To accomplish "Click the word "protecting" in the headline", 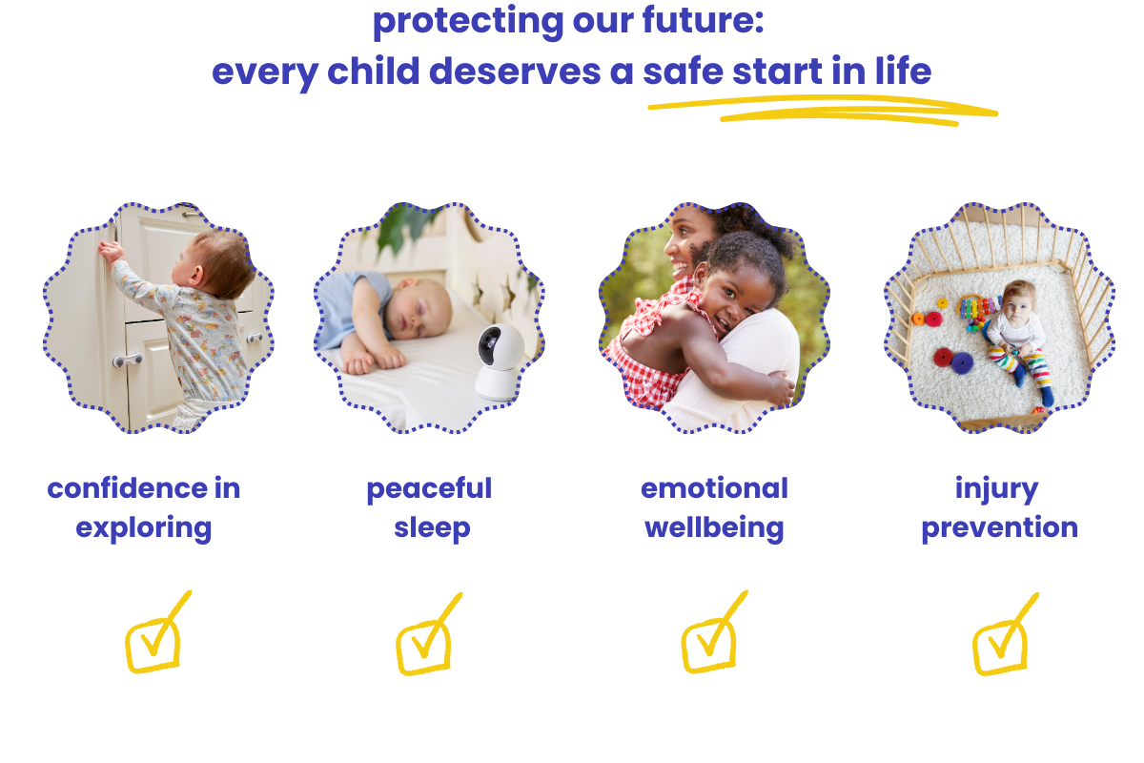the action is click(468, 22).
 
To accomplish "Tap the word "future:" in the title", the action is click(703, 19).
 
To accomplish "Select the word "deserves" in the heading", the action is click(515, 71).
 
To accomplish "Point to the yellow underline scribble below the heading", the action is click(822, 110).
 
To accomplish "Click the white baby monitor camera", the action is click(499, 361).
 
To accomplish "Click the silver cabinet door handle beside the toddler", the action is click(127, 360).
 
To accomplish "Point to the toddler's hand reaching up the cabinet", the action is click(112, 252).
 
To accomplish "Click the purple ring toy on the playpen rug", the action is click(962, 362).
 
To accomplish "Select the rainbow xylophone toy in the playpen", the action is click(977, 308).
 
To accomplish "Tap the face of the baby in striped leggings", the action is click(1019, 304).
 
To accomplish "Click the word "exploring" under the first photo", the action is click(144, 528).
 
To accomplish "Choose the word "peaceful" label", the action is click(430, 489).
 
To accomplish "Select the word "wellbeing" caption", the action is click(714, 527).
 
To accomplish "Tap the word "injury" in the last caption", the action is click(996, 489).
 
